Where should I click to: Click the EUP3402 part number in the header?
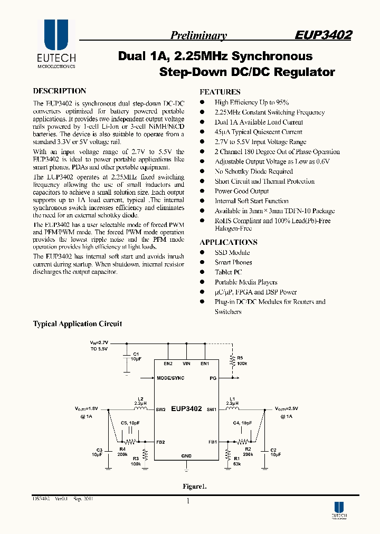[x=323, y=35]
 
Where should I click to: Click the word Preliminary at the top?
[x=198, y=36]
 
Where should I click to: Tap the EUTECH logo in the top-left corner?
[x=56, y=45]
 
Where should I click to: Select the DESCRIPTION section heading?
[x=60, y=91]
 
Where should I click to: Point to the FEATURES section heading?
[x=220, y=92]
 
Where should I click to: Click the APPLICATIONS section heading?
[x=229, y=242]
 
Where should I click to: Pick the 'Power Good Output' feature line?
[x=242, y=191]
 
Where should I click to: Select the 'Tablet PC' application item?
[x=228, y=272]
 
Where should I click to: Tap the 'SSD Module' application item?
[x=232, y=252]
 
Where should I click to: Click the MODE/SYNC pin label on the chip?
[x=170, y=378]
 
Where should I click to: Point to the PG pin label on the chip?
[x=213, y=378]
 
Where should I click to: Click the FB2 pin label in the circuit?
[x=161, y=442]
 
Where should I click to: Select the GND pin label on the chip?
[x=186, y=455]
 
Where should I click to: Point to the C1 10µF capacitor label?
[x=136, y=356]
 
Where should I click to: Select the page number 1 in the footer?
[x=188, y=502]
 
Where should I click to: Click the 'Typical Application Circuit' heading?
[x=78, y=324]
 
